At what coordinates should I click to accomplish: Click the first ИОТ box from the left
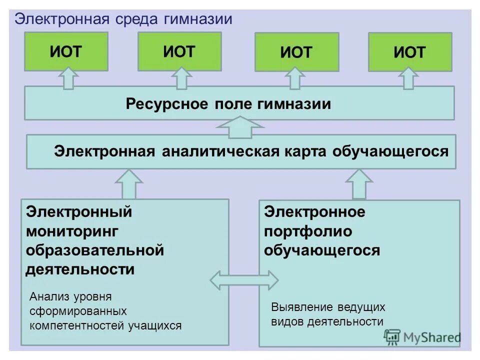coord(65,51)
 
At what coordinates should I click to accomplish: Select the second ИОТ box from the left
coord(179,51)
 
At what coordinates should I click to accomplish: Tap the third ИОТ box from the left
coord(296,52)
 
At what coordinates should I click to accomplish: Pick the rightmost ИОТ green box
coord(409,52)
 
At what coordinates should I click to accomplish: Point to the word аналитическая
coord(219,151)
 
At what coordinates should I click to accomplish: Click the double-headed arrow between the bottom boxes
coord(243,280)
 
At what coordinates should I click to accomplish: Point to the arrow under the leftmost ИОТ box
coord(68,78)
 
